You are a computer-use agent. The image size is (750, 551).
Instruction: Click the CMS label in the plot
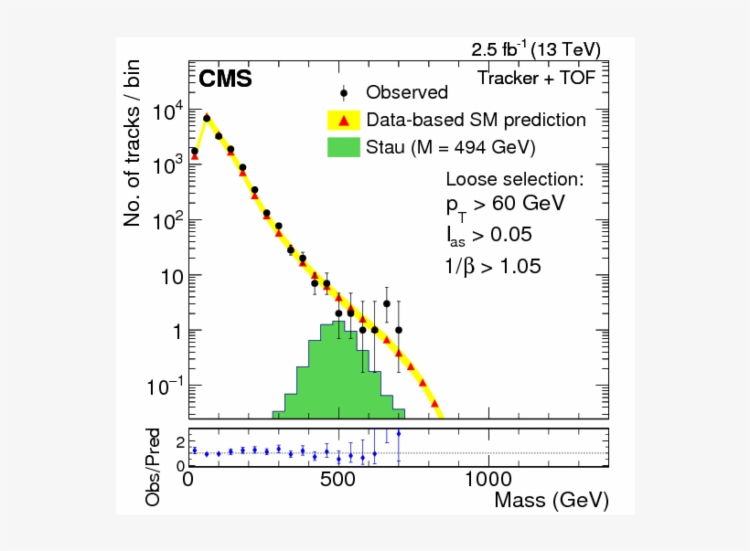click(x=225, y=79)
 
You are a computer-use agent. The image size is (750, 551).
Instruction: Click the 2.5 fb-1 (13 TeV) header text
click(x=536, y=49)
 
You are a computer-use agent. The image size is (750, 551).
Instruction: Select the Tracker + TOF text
click(x=537, y=78)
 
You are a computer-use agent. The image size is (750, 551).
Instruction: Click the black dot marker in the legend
click(x=344, y=92)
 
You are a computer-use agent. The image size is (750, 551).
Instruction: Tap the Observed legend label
click(x=407, y=92)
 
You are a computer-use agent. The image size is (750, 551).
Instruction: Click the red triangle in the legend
click(x=344, y=120)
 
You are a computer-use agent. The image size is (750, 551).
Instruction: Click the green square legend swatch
click(x=344, y=147)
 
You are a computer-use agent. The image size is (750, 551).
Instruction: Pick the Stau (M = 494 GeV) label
click(x=451, y=147)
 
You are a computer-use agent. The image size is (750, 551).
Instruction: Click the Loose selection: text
click(x=514, y=178)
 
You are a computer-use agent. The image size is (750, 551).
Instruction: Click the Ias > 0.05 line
click(x=490, y=236)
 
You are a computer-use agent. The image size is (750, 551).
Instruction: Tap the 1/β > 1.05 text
click(x=492, y=267)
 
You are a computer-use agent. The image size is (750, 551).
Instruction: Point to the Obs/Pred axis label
click(x=155, y=466)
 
